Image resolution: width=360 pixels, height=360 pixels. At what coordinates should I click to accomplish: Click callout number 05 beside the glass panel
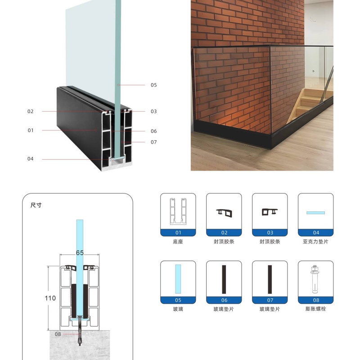[153, 85]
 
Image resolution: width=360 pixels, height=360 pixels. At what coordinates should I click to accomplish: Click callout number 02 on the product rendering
[30, 111]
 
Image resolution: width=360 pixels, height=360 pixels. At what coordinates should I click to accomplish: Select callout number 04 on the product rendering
[30, 159]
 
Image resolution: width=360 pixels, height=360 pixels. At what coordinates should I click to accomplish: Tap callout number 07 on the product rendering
[153, 142]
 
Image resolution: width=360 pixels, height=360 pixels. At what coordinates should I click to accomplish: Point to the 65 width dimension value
[80, 252]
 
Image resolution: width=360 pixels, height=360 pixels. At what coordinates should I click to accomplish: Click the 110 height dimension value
[50, 298]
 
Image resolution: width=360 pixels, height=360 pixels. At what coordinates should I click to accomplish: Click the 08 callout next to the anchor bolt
[58, 334]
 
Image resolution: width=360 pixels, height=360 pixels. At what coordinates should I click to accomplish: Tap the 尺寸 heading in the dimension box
[36, 205]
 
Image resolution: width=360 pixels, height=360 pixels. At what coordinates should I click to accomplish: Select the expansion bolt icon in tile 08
[315, 279]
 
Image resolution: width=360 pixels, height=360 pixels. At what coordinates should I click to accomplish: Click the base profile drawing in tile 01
[178, 211]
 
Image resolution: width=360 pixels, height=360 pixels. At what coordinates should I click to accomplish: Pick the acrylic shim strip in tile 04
[316, 213]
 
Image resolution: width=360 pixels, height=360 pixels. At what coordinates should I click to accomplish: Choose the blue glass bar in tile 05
[178, 279]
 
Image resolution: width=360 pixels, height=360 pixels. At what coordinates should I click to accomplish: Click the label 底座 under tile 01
[178, 242]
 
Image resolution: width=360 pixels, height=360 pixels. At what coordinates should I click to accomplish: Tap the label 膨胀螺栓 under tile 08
[316, 309]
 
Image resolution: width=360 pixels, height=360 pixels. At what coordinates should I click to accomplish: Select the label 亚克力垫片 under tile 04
[316, 242]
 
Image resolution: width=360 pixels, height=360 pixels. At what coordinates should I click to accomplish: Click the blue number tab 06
[224, 300]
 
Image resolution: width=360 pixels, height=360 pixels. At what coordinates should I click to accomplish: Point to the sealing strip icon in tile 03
[270, 211]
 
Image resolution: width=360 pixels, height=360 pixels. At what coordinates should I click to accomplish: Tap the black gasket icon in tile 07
[270, 279]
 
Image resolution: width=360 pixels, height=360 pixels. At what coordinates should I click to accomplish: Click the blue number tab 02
[224, 233]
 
